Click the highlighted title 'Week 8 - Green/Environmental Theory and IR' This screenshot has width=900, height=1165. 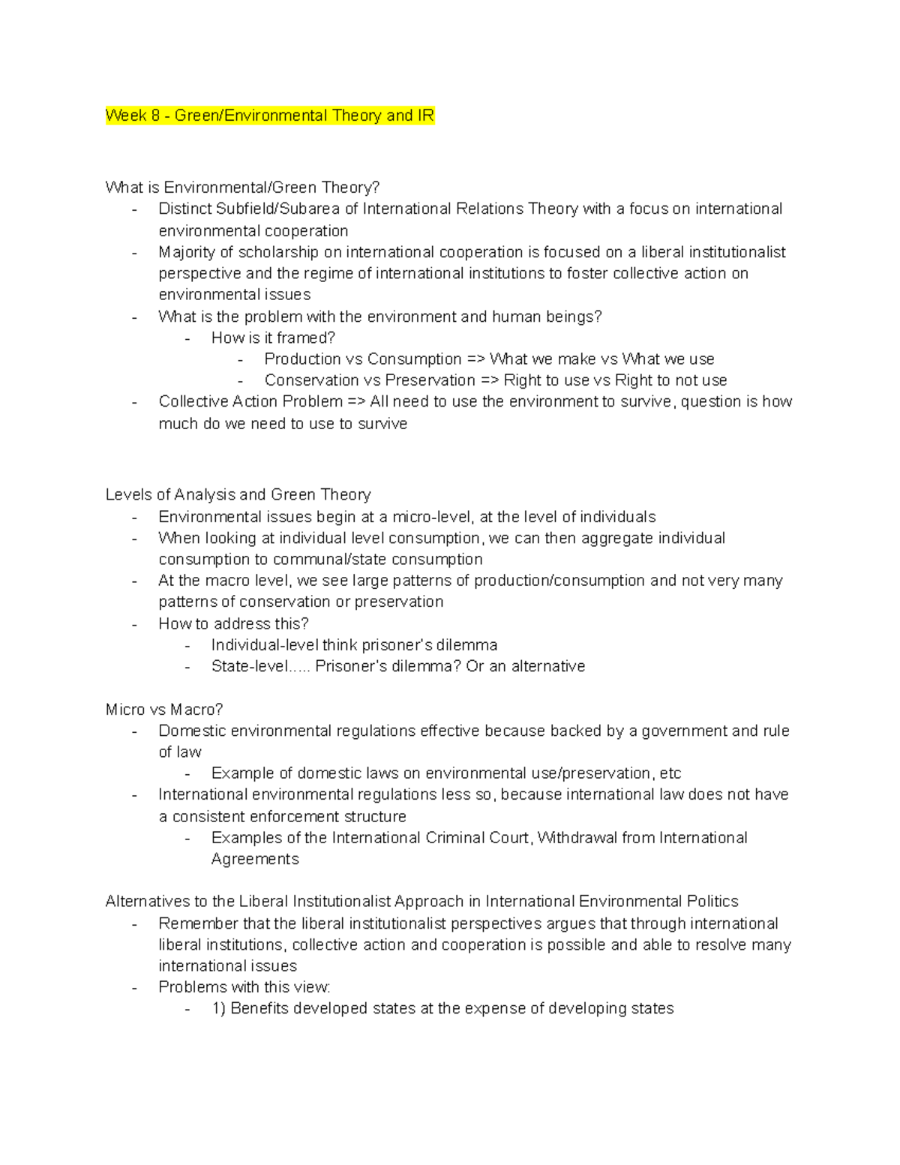(x=270, y=116)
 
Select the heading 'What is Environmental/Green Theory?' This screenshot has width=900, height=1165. (x=242, y=188)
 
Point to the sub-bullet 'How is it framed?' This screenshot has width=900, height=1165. (x=273, y=338)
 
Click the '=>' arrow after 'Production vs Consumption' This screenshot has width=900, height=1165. (x=475, y=359)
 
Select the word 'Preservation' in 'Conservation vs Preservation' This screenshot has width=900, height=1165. (x=430, y=380)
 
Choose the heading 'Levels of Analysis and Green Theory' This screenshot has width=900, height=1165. (x=238, y=495)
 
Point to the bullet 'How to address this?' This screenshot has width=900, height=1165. (x=233, y=624)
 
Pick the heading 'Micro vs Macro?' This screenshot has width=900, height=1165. (x=164, y=710)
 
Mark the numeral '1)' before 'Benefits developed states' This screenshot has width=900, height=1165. (x=218, y=1009)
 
